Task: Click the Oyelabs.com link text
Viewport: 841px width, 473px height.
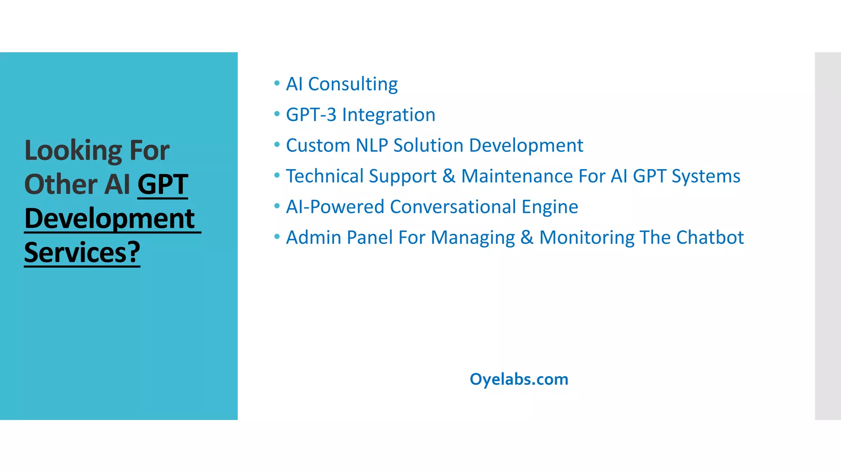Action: click(519, 379)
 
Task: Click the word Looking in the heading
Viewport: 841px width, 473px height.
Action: click(73, 150)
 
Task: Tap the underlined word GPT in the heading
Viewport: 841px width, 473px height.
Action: click(163, 184)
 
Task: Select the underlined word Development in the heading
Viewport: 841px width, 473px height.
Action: click(109, 218)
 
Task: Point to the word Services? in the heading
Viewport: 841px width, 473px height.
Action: click(82, 253)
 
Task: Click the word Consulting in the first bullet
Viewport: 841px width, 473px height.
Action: click(353, 84)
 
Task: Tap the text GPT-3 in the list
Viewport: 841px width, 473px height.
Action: click(311, 115)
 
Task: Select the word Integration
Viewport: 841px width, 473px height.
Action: click(388, 115)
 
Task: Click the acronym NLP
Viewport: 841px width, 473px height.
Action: click(372, 145)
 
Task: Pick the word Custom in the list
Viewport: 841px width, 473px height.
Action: click(318, 145)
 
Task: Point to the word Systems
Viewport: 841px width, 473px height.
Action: click(706, 176)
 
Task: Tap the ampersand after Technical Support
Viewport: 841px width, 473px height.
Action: click(449, 176)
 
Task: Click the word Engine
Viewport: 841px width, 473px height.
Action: click(550, 207)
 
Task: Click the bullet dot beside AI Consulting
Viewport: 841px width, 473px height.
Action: click(277, 83)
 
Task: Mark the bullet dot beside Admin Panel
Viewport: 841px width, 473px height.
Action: click(277, 236)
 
